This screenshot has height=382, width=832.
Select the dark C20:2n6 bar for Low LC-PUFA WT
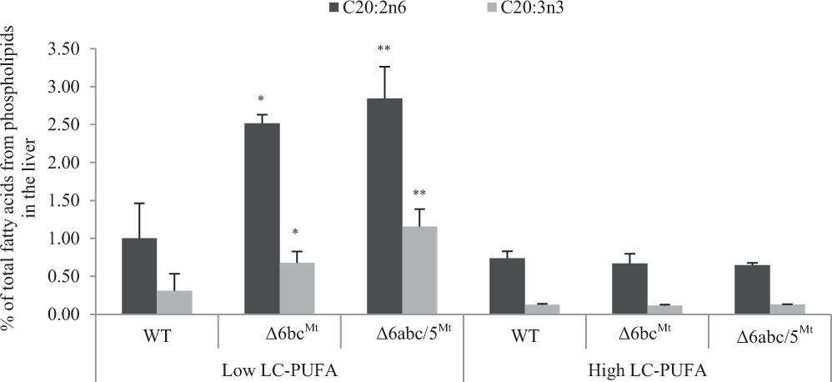(139, 276)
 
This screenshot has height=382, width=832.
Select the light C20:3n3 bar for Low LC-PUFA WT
(174, 302)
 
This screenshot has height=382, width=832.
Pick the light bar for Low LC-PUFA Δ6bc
(297, 288)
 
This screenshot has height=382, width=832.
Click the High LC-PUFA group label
(646, 369)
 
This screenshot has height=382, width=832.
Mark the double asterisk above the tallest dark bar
(385, 48)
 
